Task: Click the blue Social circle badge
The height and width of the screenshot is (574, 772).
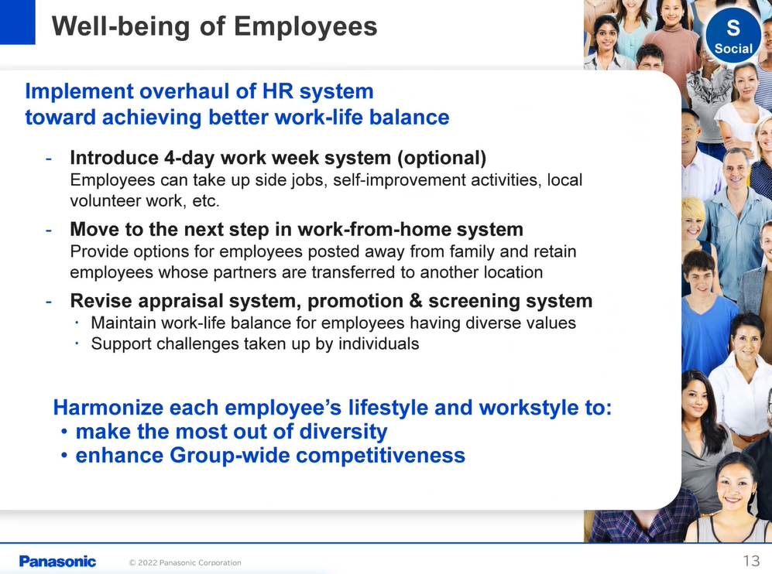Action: (x=733, y=36)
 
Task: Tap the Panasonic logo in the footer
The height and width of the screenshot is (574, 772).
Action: (x=57, y=561)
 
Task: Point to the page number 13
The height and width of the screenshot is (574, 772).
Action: (x=751, y=561)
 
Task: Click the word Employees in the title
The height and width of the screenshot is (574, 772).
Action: (x=305, y=26)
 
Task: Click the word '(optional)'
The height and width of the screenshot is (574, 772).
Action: (x=441, y=158)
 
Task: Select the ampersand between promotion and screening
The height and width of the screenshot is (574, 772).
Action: (x=416, y=301)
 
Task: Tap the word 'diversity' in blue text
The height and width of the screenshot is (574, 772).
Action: (x=343, y=432)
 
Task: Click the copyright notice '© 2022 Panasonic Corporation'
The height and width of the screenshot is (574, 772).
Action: (x=185, y=562)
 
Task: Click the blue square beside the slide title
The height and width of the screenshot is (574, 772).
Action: (x=18, y=22)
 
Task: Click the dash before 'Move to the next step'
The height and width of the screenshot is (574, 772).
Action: (x=49, y=230)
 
